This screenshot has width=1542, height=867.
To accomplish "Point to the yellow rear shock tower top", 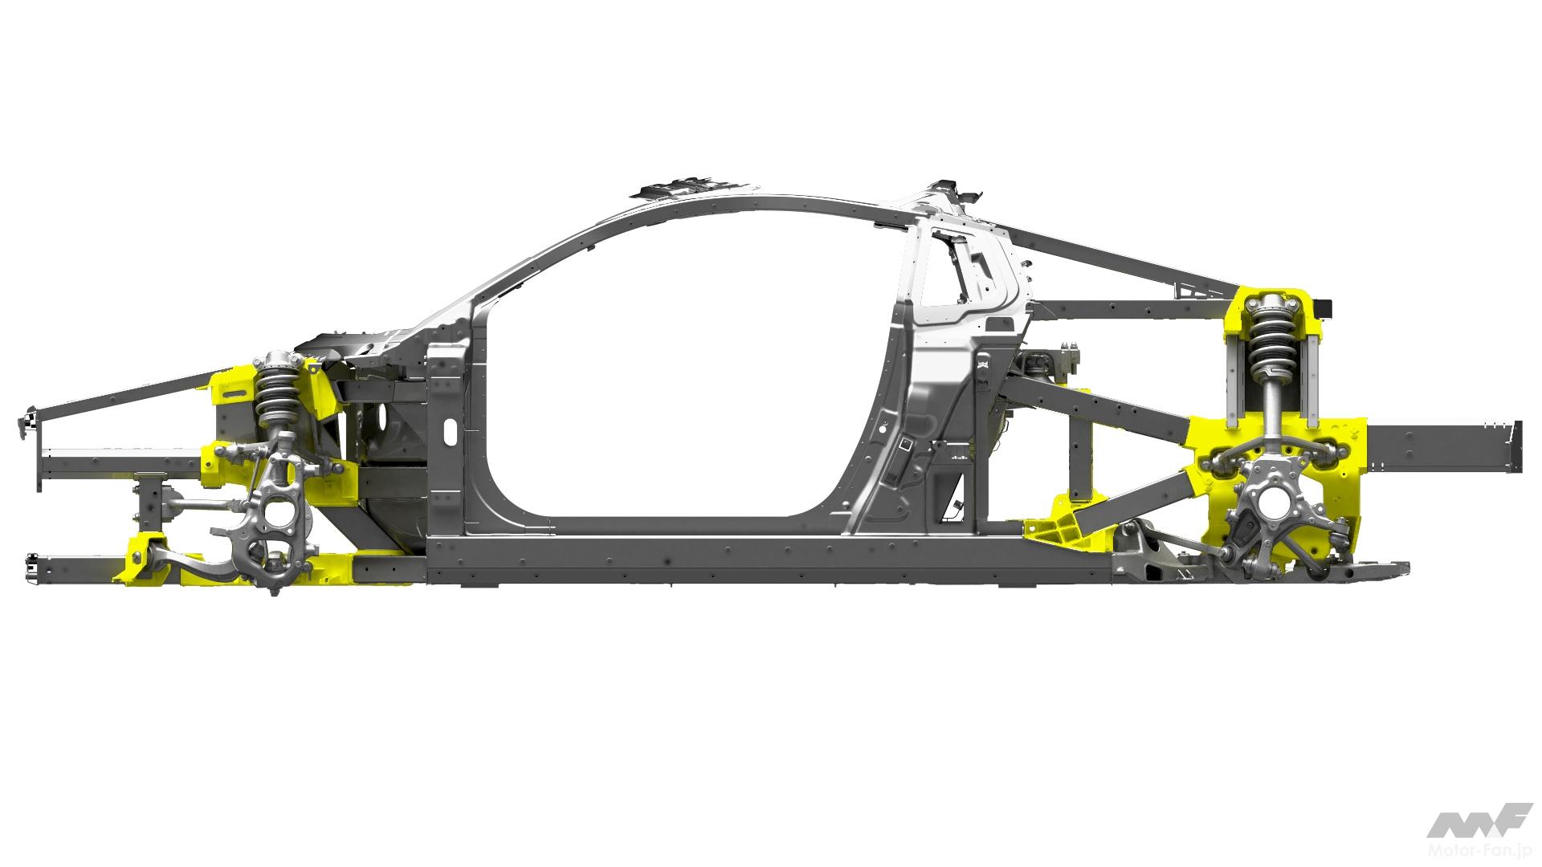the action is point(1272,300).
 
